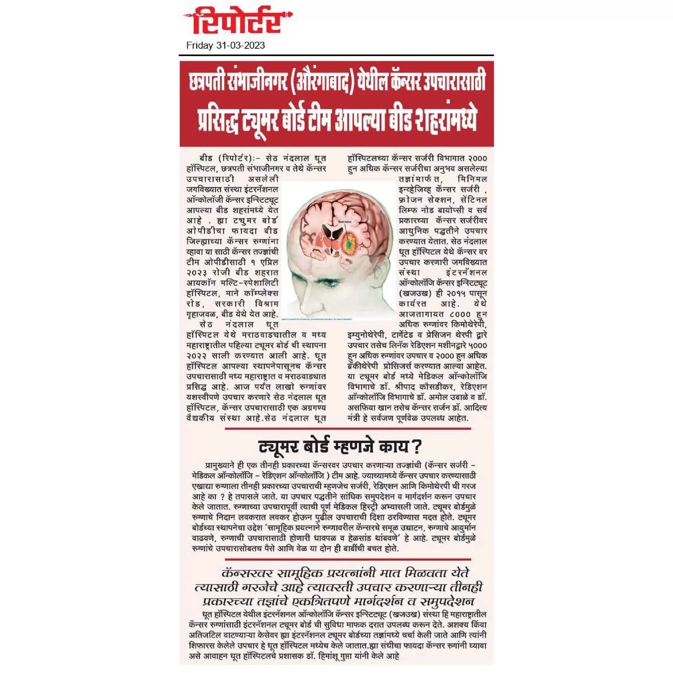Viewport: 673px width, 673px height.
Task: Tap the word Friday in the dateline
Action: point(199,46)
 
